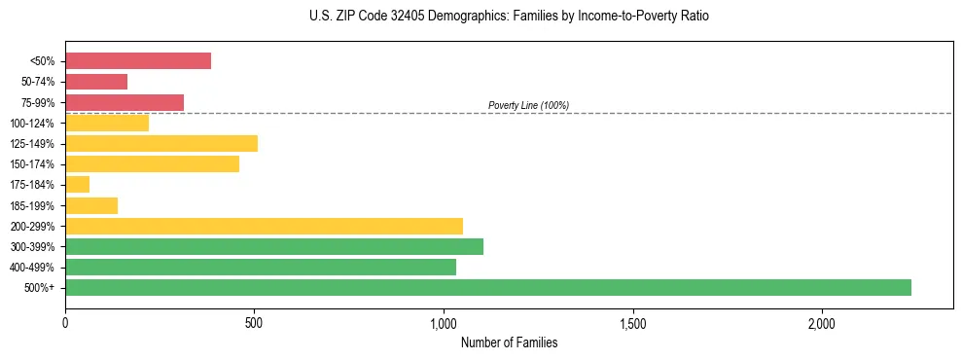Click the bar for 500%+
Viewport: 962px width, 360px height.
coord(487,287)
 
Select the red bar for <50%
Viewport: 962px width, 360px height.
coord(138,61)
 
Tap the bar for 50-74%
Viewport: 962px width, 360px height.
coord(96,82)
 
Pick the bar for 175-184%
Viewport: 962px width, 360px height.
coord(77,184)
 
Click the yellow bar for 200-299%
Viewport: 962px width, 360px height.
coord(264,226)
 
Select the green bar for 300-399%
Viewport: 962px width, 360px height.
coord(274,246)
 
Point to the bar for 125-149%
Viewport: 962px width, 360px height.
coord(161,143)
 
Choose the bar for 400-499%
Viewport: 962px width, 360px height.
coord(261,267)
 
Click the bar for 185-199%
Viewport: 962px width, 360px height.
coord(91,205)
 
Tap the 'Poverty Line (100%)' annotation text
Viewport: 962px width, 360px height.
coord(528,105)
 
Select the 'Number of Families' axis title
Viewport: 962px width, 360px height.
coord(509,342)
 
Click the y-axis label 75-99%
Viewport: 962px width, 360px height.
coord(38,103)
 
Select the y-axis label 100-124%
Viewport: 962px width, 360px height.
coord(35,124)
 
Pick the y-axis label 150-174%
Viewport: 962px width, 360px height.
coord(35,164)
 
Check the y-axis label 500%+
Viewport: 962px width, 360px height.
coord(41,288)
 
